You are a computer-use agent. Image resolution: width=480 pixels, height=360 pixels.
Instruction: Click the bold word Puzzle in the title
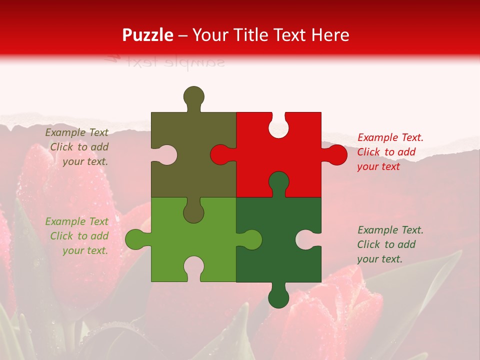point(148,35)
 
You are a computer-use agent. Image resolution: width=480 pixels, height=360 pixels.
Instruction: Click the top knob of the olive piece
point(193,96)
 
